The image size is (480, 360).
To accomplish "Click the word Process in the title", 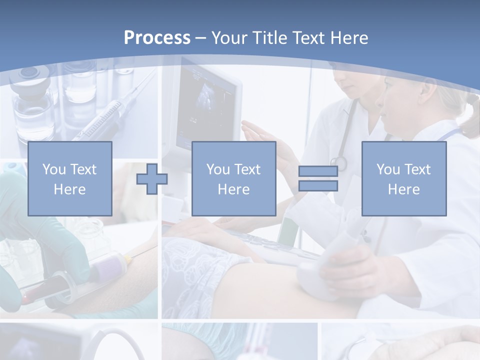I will pos(157,38).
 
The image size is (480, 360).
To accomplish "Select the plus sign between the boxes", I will pos(152,178).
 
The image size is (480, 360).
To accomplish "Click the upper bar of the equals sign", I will pos(318,171).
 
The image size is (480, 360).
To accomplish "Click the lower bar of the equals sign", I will pos(318,185).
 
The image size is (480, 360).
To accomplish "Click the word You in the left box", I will pos(53,169).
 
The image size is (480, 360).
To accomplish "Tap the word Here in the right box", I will pos(403,189).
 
